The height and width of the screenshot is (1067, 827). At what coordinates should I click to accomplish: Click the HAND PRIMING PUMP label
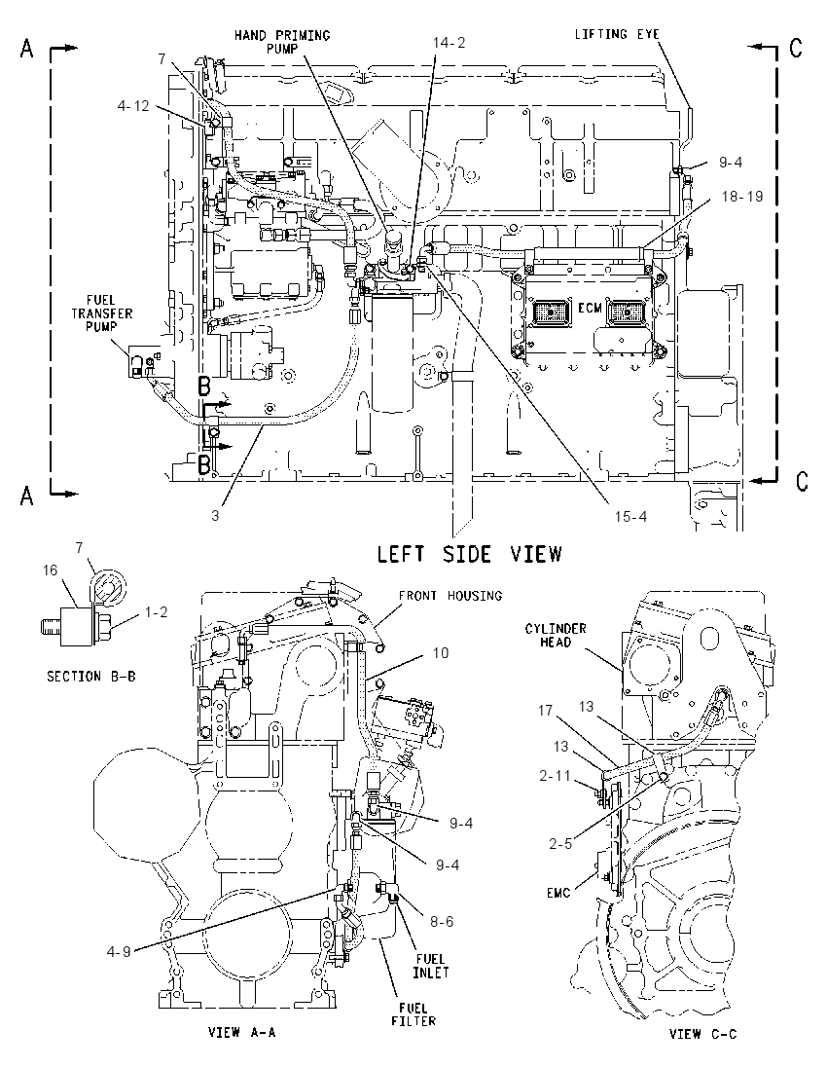click(282, 42)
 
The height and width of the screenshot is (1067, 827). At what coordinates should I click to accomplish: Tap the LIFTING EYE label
click(617, 34)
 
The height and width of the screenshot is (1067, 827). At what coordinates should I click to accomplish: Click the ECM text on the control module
click(590, 309)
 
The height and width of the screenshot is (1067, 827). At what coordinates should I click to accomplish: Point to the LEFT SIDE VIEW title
click(469, 554)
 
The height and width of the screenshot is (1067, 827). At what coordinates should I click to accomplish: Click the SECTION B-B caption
click(91, 677)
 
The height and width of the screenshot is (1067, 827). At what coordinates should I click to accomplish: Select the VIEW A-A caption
click(241, 1032)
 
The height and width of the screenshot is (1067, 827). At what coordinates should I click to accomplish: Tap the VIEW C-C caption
click(702, 1034)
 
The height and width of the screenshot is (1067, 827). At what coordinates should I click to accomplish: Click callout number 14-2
click(449, 42)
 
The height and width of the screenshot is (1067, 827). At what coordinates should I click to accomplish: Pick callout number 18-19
click(741, 197)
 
